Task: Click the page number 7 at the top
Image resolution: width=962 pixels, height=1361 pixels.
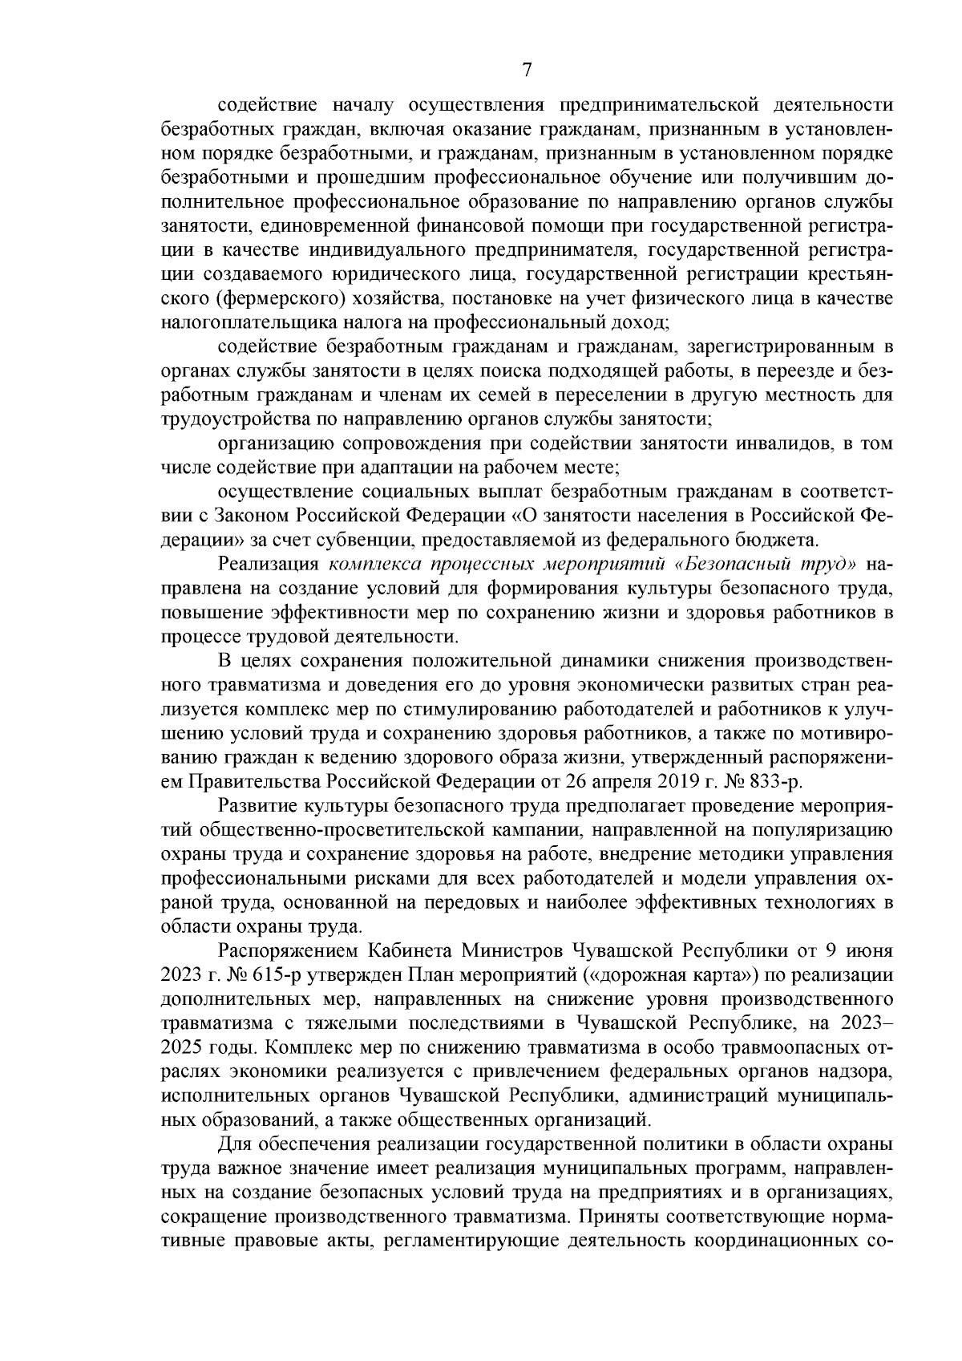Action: click(527, 71)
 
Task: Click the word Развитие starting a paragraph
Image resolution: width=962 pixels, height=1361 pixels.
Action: click(260, 805)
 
